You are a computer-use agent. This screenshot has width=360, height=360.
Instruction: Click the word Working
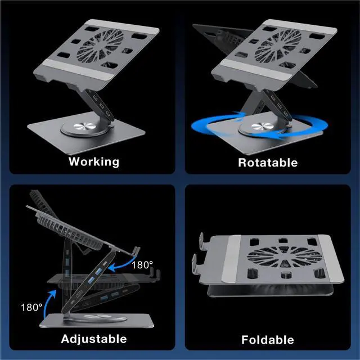pyautogui.click(x=94, y=162)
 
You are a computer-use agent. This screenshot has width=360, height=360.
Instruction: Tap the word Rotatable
pyautogui.click(x=268, y=163)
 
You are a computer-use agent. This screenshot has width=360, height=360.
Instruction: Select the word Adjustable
pyautogui.click(x=94, y=339)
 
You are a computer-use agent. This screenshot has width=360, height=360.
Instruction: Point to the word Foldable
pyautogui.click(x=268, y=340)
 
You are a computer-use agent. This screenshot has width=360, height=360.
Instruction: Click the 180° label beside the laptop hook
pyautogui.click(x=142, y=265)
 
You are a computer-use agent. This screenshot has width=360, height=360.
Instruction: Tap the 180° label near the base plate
pyautogui.click(x=31, y=308)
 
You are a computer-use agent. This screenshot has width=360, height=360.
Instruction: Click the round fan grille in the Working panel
pyautogui.click(x=100, y=46)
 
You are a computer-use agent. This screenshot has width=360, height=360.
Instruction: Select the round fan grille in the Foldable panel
pyautogui.click(x=284, y=256)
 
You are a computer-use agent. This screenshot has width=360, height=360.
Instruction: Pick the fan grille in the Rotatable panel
pyautogui.click(x=278, y=46)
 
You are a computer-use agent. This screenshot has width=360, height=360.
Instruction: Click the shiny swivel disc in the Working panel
pyautogui.click(x=84, y=126)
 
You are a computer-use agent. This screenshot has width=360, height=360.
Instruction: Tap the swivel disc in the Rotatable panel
pyautogui.click(x=262, y=126)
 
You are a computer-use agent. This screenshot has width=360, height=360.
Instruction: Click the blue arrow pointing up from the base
pyautogui.click(x=48, y=303)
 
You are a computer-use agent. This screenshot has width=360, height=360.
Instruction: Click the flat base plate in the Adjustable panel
pyautogui.click(x=96, y=321)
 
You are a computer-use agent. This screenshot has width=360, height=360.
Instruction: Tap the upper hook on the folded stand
pyautogui.click(x=202, y=242)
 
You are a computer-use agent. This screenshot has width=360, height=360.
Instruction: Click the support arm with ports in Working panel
pyautogui.click(x=101, y=105)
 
